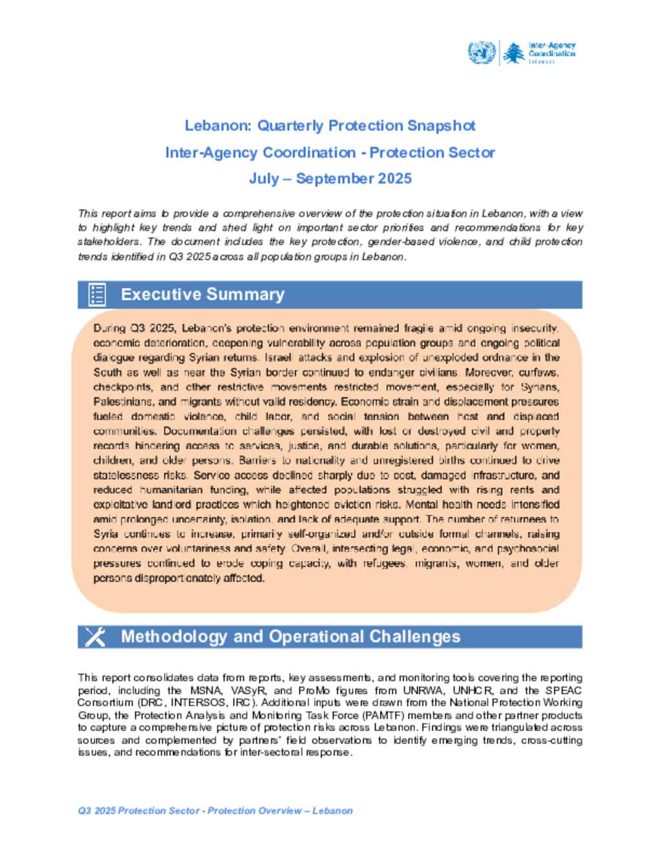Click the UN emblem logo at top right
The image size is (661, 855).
[x=482, y=52]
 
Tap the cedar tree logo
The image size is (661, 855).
[x=514, y=53]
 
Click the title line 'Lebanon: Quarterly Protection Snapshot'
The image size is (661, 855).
[x=330, y=125]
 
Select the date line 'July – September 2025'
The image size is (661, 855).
[x=330, y=179]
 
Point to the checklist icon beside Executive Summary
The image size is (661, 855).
[x=97, y=294]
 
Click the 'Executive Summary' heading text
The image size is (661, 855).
[x=202, y=295]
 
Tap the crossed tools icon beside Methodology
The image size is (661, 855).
[x=95, y=637]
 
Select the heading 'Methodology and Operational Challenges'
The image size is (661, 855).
[x=290, y=637]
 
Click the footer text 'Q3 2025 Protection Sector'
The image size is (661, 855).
[x=138, y=810]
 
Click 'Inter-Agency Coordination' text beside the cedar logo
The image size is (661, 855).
[x=552, y=50]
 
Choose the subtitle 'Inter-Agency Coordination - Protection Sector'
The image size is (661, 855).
[x=330, y=153]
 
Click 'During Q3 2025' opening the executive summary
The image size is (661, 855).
[x=134, y=328]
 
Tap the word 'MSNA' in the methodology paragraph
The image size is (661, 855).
[x=206, y=690]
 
